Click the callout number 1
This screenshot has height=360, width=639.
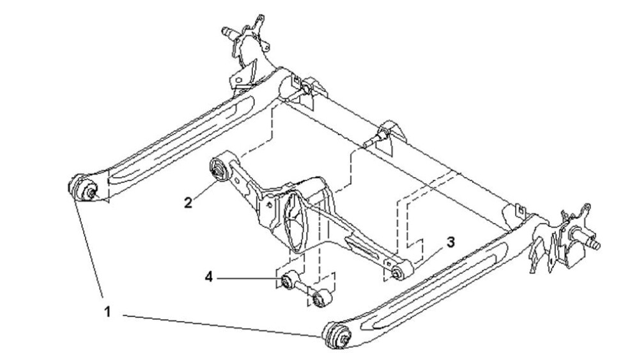tap(107, 312)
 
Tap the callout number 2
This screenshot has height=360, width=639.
tap(188, 202)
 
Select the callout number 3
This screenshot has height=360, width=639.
tap(450, 242)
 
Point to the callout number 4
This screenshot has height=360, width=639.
tap(209, 278)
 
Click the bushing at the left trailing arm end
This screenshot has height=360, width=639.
tap(84, 188)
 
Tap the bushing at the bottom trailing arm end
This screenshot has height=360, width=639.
tap(337, 334)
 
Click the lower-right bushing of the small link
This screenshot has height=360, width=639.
tap(322, 298)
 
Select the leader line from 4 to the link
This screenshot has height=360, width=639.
tap(249, 278)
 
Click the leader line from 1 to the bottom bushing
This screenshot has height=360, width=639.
tap(223, 325)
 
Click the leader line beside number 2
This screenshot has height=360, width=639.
tap(204, 190)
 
